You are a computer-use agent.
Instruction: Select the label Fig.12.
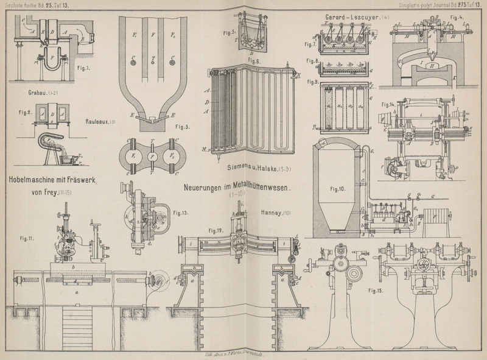point(216,231)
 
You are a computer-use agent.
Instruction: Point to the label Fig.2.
point(25,112)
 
